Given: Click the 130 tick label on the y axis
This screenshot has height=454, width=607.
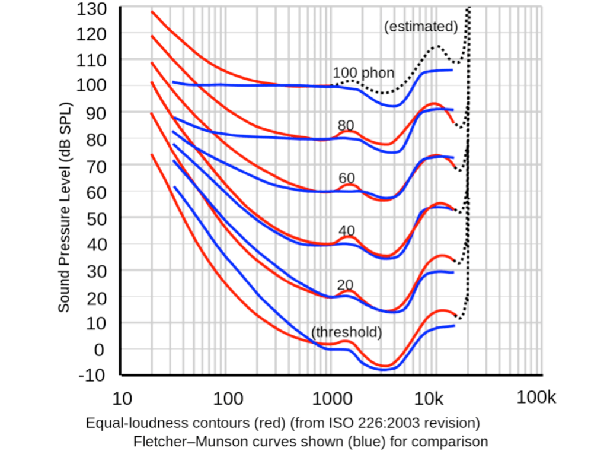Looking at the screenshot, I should tap(91, 9).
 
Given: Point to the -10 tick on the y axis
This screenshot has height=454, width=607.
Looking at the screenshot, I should tap(91, 375).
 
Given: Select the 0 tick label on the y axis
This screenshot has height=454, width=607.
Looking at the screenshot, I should tap(99, 349).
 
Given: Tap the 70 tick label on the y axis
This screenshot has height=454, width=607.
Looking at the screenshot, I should tap(95, 166).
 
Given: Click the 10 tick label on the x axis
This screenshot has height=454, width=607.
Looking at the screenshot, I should tap(122, 398).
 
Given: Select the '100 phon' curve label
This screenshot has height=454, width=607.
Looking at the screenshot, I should tap(363, 74).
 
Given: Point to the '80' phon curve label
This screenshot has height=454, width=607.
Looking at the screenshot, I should tap(346, 125).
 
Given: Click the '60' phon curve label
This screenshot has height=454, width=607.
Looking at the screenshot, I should tap(346, 178).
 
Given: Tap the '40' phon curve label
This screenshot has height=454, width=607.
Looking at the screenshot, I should tap(346, 231).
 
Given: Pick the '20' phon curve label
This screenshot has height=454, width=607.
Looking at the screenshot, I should tap(345, 284).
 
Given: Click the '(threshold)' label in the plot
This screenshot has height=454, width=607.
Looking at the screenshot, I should tap(347, 332).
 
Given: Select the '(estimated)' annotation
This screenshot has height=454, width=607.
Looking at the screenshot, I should tap(421, 27).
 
